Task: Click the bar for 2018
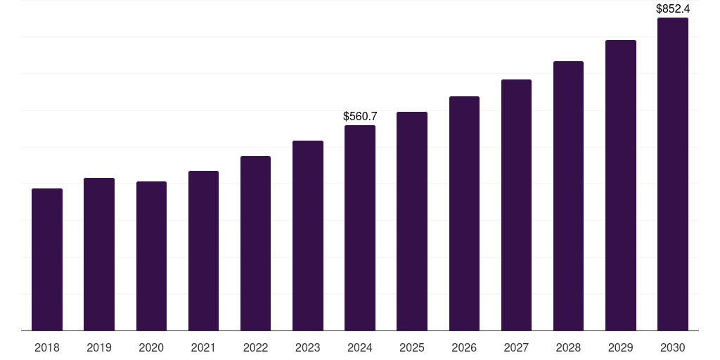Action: point(47,259)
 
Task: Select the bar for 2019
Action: point(99,254)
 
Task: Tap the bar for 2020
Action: point(151,256)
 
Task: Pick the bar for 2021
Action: point(203,250)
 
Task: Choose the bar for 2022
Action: point(255,243)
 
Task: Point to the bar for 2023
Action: point(308,236)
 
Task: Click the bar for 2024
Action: point(360,228)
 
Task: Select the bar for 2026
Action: point(464,213)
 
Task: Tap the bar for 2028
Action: point(568,195)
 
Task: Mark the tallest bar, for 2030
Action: point(673,174)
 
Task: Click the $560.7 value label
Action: point(360,116)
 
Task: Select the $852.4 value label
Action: point(673,9)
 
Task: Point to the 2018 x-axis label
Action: point(47,347)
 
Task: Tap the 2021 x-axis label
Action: point(203,347)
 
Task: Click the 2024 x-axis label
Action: point(360,347)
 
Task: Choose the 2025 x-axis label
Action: point(412,347)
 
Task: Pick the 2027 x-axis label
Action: point(516,347)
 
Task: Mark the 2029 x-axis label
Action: point(620,347)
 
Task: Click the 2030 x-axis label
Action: point(673,347)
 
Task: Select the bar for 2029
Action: point(620,185)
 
